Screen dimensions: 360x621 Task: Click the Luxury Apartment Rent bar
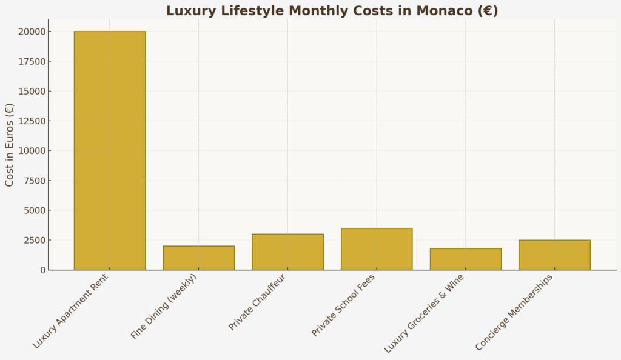(110, 150)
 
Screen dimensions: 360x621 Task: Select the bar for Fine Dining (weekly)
(198, 258)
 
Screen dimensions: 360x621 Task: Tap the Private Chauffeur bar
(287, 252)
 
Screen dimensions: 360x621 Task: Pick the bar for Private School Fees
(377, 248)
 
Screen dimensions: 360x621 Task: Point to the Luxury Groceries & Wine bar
(466, 259)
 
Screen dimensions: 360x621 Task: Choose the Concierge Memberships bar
(554, 255)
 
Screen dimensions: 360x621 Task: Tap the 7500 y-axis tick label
(33, 181)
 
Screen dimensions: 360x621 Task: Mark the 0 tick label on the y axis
(42, 270)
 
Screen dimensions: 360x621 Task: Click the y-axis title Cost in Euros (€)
(10, 145)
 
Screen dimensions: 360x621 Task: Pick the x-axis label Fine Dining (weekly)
(164, 307)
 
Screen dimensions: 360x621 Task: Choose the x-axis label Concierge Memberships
(514, 312)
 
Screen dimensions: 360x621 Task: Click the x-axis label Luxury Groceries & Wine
(425, 313)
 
